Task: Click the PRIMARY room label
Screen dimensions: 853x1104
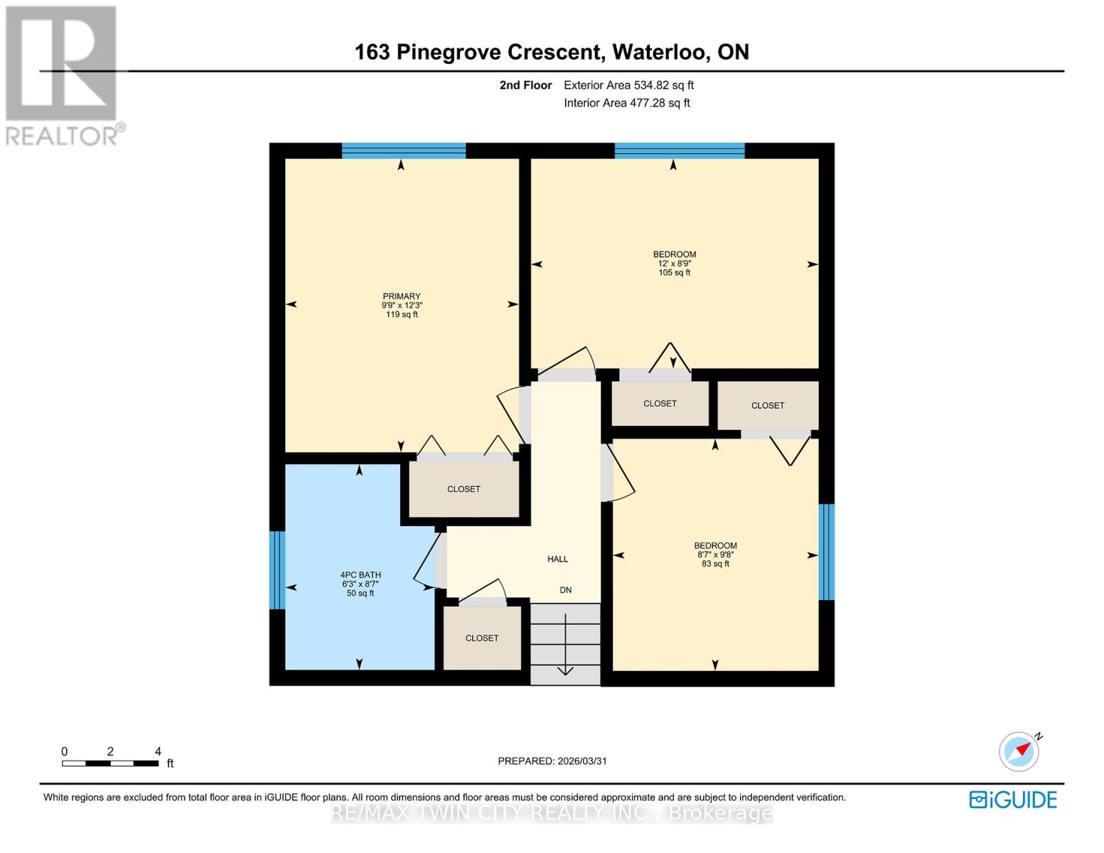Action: tap(402, 296)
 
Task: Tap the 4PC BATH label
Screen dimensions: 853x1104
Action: tap(360, 575)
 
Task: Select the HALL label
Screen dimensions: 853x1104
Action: tap(557, 559)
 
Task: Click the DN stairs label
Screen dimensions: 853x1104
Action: tap(566, 590)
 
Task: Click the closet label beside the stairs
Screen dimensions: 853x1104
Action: tap(482, 638)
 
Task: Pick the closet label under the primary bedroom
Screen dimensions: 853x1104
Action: tap(463, 489)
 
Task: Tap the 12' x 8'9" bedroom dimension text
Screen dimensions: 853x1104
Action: tap(674, 264)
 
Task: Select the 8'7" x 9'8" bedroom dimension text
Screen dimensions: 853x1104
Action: tap(715, 555)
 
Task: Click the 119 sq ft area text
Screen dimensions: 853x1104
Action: tap(402, 315)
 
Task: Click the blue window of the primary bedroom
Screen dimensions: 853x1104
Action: tap(403, 150)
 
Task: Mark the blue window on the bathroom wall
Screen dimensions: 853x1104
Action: tap(277, 570)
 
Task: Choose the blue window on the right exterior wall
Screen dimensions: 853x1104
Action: tap(826, 552)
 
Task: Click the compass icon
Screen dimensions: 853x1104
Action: tap(1019, 751)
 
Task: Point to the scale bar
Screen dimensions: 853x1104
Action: tap(110, 763)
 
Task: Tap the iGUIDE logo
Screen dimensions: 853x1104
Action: tap(1013, 800)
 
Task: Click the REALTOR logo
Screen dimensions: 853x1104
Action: tap(63, 75)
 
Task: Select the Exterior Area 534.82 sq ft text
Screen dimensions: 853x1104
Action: tap(628, 85)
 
